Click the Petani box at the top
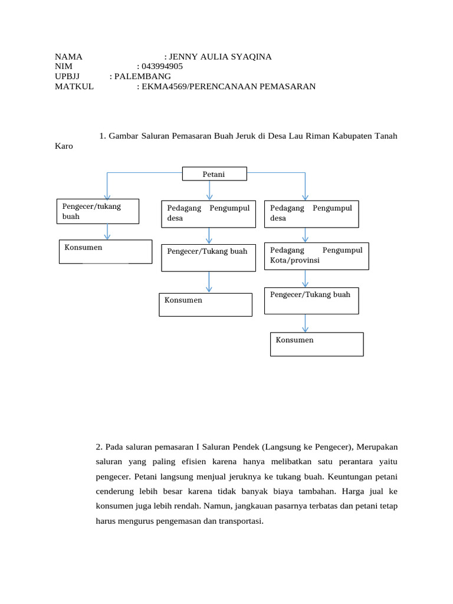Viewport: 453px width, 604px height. point(215,174)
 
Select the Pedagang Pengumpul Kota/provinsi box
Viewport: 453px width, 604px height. point(316,255)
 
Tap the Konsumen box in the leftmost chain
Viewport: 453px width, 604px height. point(106,251)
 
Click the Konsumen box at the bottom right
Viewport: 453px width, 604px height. point(317,344)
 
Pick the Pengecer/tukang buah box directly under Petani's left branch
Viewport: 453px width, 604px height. point(97,211)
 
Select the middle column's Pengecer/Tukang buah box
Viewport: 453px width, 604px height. point(208,258)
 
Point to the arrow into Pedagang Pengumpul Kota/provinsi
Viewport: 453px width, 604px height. point(305,235)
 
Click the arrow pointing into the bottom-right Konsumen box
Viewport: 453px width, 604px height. point(305,323)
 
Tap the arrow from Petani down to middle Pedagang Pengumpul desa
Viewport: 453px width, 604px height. point(209,190)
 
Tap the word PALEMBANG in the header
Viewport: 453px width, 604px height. point(143,77)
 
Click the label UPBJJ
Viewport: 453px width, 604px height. point(67,77)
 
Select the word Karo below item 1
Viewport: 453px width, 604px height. point(64,146)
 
